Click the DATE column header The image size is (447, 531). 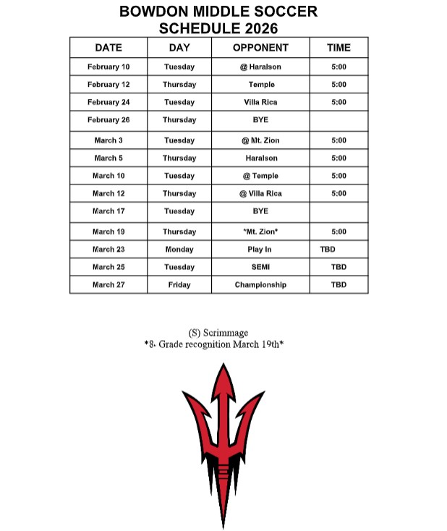[108, 48]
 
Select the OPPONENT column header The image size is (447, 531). [260, 48]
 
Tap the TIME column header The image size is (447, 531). [339, 48]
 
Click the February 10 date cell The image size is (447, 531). [108, 67]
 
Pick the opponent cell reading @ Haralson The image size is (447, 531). [260, 67]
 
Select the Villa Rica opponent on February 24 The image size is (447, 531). [260, 102]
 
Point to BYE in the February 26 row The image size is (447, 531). [260, 120]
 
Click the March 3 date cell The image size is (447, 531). [108, 140]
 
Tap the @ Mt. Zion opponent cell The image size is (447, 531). [260, 140]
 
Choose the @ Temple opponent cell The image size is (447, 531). [260, 176]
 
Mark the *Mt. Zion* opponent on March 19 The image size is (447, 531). [260, 231]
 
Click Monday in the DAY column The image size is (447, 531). [179, 250]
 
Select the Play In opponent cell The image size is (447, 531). [260, 250]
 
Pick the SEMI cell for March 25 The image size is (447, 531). [260, 267]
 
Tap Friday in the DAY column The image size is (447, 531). [179, 285]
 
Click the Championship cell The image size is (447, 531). [260, 285]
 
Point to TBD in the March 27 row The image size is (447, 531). [339, 285]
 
